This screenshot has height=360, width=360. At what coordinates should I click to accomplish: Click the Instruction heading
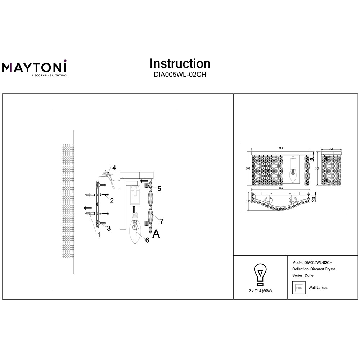pos(180,64)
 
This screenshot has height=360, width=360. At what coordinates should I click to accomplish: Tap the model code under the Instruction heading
pos(180,75)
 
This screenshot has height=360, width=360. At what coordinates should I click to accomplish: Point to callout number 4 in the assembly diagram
pos(114,168)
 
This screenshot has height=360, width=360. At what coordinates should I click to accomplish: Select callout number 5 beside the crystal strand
pos(159,189)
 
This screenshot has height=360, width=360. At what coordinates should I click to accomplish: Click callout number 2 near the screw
pos(112,201)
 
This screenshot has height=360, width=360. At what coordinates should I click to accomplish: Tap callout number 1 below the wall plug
pos(99,235)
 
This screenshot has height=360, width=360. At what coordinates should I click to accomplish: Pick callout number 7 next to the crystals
pos(162,221)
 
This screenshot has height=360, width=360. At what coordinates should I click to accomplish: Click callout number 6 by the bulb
pos(147,240)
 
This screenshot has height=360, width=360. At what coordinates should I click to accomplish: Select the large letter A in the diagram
pos(156,234)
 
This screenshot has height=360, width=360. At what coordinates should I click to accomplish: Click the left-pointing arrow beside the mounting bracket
pos(87,208)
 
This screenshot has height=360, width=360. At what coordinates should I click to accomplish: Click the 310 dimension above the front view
pos(280,148)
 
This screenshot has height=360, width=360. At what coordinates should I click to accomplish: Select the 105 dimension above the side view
pos(331,149)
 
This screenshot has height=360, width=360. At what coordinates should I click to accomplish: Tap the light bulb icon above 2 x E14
pos(260,275)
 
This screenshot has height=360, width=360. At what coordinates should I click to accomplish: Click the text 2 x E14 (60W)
pos(260,291)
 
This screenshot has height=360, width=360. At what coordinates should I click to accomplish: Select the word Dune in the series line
pos(309,275)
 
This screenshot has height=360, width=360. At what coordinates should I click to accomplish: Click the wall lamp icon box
pos(299,287)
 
